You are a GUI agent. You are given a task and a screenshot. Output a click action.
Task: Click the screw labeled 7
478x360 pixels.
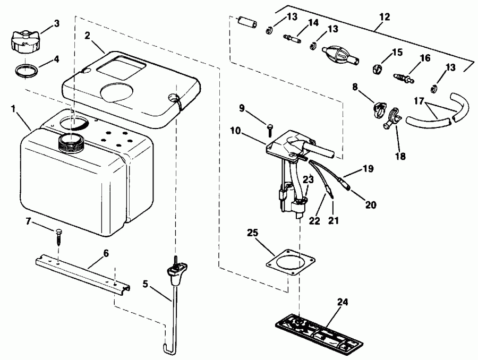(58, 233)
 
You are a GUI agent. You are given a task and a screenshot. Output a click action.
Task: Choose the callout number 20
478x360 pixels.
(371, 204)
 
